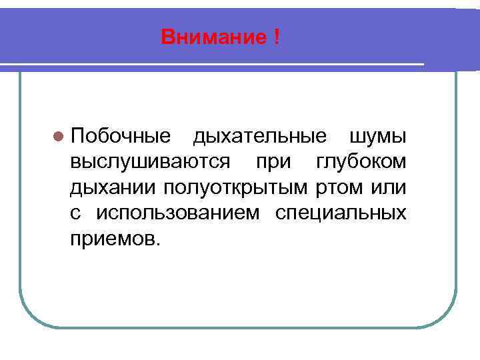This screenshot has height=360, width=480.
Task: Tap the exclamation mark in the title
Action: point(275,37)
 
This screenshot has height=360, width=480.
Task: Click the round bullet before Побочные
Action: point(59,137)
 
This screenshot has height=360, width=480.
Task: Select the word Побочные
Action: point(121,137)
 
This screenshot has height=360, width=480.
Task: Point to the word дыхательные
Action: point(259,137)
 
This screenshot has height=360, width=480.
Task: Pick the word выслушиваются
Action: point(150,162)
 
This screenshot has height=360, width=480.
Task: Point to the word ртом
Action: point(337,187)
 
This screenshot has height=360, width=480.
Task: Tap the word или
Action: point(387,187)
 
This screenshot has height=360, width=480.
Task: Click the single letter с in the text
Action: point(75,213)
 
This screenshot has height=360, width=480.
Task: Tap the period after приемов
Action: point(158,243)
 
